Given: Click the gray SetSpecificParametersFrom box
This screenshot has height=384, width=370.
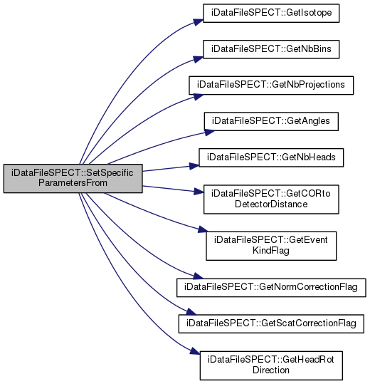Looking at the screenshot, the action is pyautogui.click(x=73, y=178).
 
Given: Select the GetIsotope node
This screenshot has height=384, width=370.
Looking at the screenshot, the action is pyautogui.click(x=271, y=13).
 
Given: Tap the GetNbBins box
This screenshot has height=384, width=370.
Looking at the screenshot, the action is pyautogui.click(x=271, y=49).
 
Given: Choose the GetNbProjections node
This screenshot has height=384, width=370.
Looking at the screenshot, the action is pyautogui.click(x=271, y=85).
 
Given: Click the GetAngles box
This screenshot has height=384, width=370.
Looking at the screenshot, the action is pyautogui.click(x=271, y=121).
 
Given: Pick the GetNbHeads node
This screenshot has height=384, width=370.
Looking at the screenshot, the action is pyautogui.click(x=271, y=157).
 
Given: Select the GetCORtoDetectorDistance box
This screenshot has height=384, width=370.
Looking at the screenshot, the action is pyautogui.click(x=271, y=199).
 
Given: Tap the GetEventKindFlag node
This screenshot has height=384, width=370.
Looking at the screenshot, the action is pyautogui.click(x=271, y=246).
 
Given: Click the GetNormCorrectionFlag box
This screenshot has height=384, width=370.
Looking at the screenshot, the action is pyautogui.click(x=271, y=288).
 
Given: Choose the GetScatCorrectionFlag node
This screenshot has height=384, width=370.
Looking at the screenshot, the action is pyautogui.click(x=271, y=323).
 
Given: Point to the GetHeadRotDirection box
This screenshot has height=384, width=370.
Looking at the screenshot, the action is pyautogui.click(x=271, y=365).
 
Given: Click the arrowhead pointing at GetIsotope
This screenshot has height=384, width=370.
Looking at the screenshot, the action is pyautogui.click(x=199, y=21).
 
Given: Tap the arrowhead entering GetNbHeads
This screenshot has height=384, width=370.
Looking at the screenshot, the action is pyautogui.click(x=194, y=166).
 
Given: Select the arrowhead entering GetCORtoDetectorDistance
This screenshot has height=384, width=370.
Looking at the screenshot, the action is pyautogui.click(x=199, y=192).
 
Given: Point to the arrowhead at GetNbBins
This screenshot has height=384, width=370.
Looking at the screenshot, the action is pyautogui.click(x=199, y=58).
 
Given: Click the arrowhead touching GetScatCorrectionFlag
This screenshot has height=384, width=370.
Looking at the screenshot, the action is pyautogui.click(x=191, y=311).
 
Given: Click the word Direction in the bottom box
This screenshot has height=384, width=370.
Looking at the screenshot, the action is pyautogui.click(x=271, y=370).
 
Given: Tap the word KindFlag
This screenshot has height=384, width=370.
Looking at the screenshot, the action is pyautogui.click(x=271, y=250).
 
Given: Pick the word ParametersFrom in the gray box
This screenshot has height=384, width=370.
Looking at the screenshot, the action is pyautogui.click(x=73, y=183).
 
